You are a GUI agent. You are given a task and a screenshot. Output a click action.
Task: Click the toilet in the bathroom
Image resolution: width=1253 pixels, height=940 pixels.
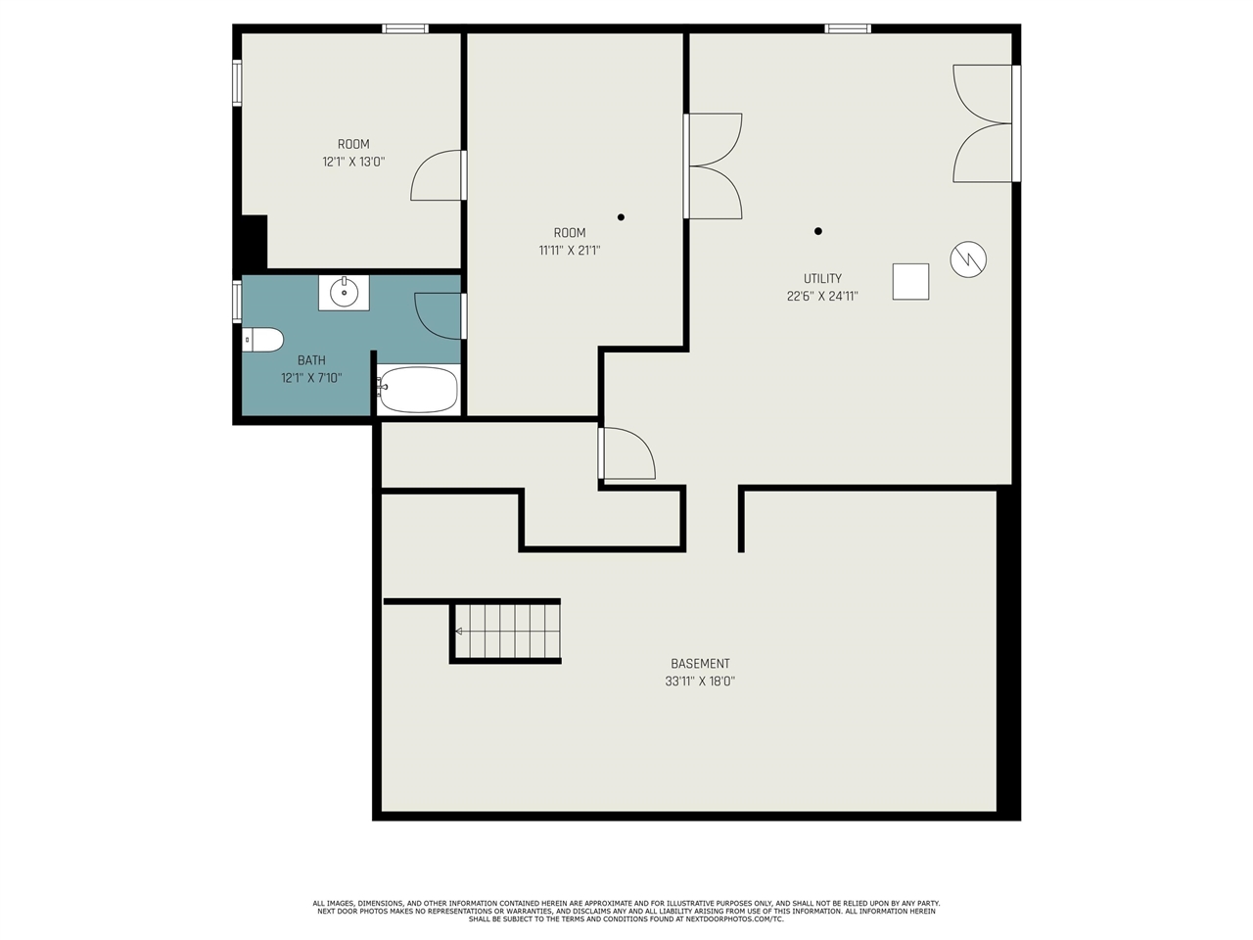coord(262,340)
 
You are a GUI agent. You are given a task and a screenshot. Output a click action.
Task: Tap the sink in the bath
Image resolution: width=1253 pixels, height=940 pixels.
coord(344,293)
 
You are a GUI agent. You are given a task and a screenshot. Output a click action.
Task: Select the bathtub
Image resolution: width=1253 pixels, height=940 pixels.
coord(418,390)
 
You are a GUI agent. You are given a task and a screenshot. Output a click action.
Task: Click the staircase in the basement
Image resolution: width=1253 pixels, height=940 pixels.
coord(506,632)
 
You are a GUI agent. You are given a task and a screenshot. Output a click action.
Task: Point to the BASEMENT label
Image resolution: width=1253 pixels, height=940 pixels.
coord(700,664)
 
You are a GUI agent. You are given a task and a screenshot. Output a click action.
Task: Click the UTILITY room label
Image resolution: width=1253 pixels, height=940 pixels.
coord(822,278)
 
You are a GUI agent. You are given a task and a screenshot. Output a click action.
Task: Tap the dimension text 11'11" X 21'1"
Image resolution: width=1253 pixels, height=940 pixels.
coord(570,250)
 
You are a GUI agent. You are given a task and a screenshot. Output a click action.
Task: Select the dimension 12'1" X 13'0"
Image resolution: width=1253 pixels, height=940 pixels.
coord(353,162)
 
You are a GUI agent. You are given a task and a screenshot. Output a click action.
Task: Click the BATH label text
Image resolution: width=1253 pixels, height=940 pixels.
coord(311,360)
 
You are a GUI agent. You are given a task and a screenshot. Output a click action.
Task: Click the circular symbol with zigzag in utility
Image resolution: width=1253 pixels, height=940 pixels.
coord(968,259)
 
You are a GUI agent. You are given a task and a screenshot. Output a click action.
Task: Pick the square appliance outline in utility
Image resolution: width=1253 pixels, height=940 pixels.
coord(910,281)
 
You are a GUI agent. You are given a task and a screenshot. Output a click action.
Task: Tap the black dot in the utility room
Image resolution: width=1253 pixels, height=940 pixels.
coord(818,231)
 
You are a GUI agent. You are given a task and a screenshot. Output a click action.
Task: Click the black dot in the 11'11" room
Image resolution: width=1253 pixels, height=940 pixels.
coord(621,216)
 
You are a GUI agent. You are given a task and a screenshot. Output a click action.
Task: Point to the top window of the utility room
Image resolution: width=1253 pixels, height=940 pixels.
coord(848,28)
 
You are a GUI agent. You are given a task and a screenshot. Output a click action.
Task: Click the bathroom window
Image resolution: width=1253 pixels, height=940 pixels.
coord(237,302)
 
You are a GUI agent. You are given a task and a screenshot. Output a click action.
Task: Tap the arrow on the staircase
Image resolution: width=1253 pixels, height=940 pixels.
coord(458,632)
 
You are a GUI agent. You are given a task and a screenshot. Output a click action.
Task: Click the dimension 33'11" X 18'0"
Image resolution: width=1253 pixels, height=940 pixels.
coord(700,681)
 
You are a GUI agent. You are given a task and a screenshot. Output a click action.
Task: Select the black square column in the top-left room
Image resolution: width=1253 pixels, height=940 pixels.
coord(254,241)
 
